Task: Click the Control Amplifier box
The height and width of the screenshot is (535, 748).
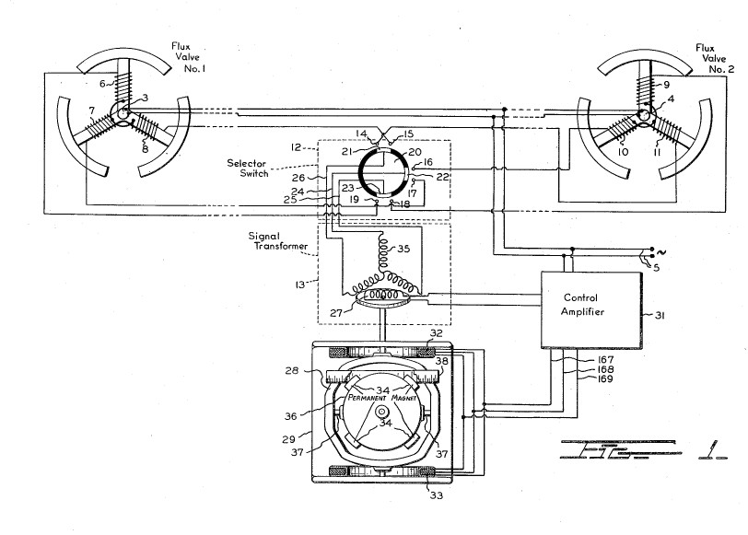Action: (591, 310)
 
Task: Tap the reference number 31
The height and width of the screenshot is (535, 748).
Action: (659, 315)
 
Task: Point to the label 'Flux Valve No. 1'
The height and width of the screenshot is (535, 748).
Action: (189, 57)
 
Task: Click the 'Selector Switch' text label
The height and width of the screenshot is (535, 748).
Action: (247, 168)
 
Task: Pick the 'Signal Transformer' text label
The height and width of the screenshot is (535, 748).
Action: (277, 241)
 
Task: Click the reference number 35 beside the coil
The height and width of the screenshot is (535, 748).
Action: (403, 249)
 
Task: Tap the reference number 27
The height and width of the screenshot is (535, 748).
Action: (337, 313)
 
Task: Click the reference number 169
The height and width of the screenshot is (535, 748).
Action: (604, 379)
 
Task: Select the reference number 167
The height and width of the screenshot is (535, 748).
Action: (604, 359)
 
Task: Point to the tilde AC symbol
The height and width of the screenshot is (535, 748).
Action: (661, 251)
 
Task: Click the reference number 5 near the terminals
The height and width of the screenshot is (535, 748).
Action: (656, 267)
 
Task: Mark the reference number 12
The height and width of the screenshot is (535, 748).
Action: (296, 147)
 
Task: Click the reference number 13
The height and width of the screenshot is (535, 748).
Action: (300, 285)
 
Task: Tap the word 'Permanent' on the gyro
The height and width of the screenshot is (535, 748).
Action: (367, 397)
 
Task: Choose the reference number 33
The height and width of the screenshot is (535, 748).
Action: (436, 495)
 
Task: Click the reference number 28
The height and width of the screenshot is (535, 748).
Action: (292, 370)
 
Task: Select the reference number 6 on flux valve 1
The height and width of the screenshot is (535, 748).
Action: (102, 84)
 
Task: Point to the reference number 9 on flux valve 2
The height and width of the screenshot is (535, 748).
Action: (666, 85)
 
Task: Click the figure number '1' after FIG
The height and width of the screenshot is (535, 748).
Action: (713, 449)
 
